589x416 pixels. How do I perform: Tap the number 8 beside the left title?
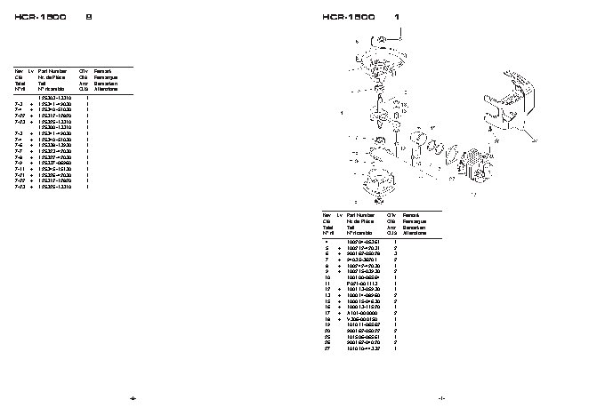click(87, 17)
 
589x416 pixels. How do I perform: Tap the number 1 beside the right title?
click(396, 17)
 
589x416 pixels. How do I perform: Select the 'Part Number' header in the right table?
click(360, 214)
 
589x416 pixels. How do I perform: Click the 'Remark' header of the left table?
click(102, 69)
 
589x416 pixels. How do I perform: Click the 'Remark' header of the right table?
click(411, 214)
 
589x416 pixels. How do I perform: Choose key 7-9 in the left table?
click(19, 163)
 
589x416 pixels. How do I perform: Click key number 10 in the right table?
click(327, 277)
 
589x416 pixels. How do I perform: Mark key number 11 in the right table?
click(327, 284)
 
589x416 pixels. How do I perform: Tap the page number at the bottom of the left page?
click(133, 397)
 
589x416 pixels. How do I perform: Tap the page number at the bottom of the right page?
click(441, 397)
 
